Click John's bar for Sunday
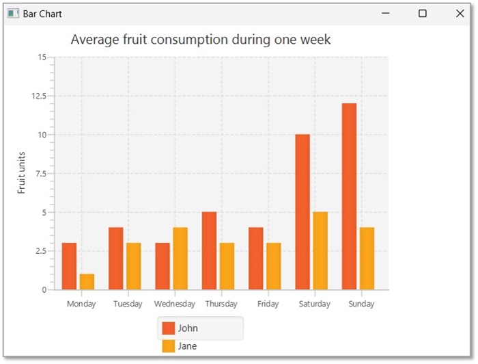point(349,196)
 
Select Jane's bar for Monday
point(87,281)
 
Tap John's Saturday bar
point(303,211)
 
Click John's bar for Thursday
point(209,250)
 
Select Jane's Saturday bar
point(320,250)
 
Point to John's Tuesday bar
point(115,258)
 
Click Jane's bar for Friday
point(273,266)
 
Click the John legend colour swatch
point(168,328)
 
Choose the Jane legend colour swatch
point(168,346)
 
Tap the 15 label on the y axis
point(42,57)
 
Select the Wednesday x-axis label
point(175,304)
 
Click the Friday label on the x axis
point(268,304)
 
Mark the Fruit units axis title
point(22,172)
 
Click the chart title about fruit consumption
point(201,40)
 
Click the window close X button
point(460,14)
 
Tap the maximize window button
point(423,14)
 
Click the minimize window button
point(386,14)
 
